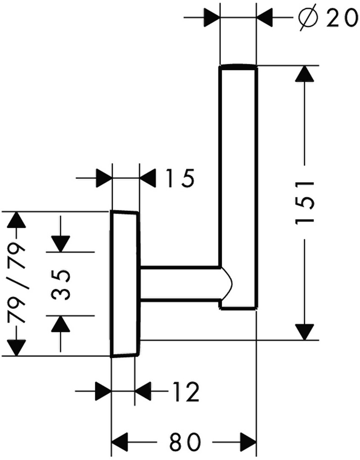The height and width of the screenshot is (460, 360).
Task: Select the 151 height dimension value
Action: pos(305,203)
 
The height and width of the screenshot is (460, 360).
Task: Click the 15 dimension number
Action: pos(179,178)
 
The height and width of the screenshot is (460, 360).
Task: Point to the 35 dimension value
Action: pos(61,285)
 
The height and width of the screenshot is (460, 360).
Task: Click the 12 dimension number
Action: pos(185,392)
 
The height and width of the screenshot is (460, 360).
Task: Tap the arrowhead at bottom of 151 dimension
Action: pos(305,331)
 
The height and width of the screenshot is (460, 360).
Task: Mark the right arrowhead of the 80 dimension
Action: pos(248,442)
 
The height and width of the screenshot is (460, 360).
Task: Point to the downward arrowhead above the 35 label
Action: pos(61,244)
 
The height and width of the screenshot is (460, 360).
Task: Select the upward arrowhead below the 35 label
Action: pos(61,324)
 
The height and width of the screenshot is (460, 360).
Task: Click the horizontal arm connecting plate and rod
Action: pos(180,284)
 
